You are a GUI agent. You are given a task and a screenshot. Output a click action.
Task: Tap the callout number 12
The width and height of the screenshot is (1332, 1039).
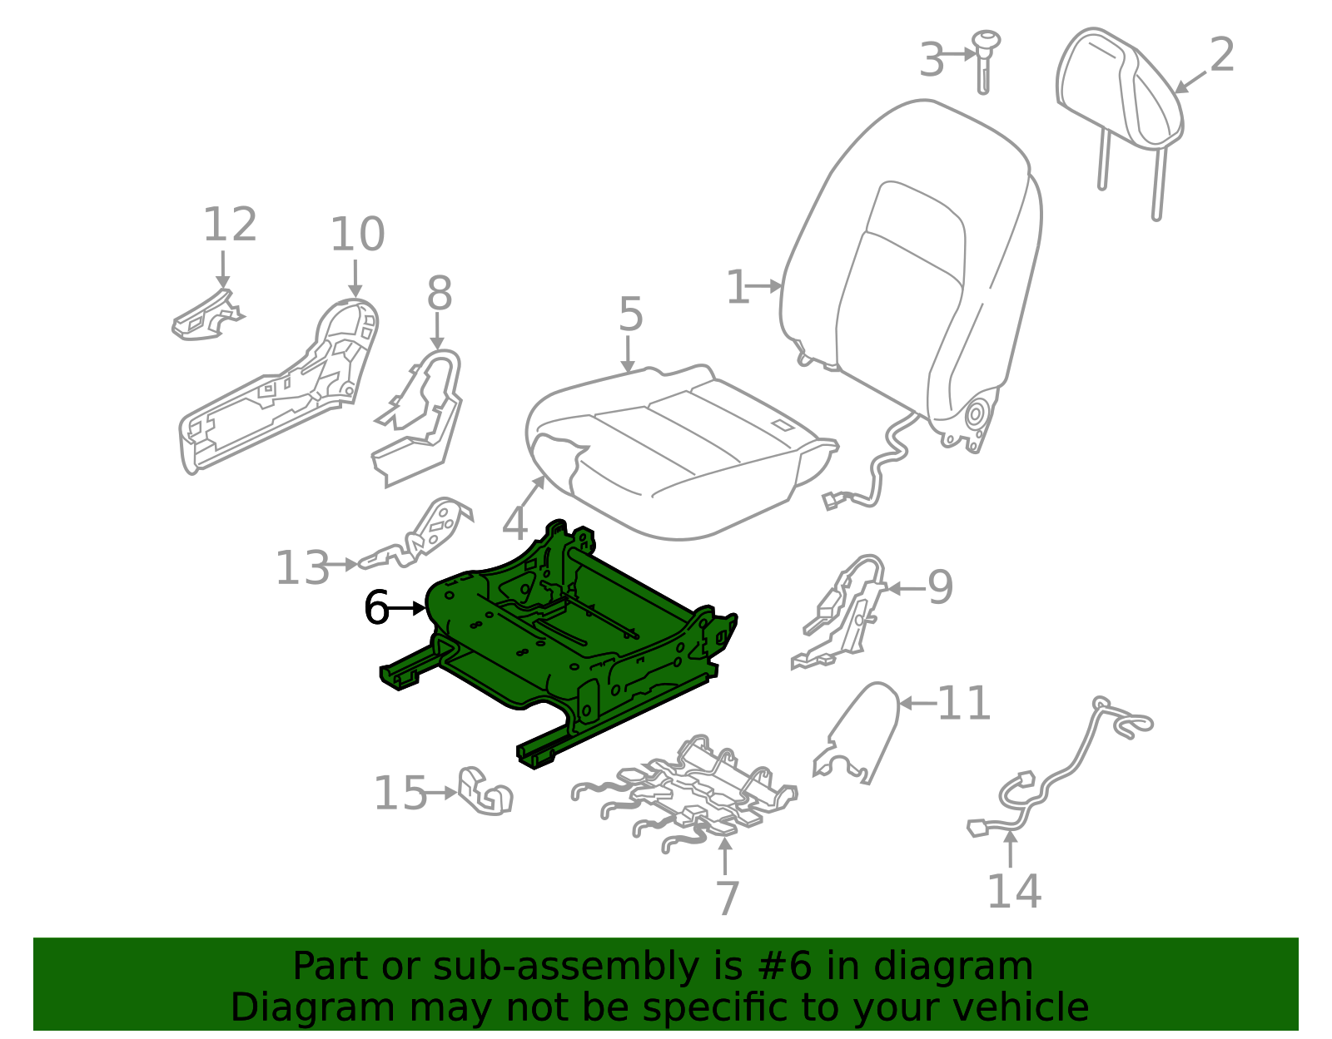230,225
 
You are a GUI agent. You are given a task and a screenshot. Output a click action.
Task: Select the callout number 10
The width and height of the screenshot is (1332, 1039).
357,235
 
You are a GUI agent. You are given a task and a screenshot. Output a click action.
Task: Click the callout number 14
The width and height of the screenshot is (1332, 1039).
1013,892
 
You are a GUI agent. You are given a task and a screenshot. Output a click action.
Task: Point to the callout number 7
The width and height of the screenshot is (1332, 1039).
727,898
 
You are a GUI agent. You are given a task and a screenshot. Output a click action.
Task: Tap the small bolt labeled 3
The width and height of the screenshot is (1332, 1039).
986,58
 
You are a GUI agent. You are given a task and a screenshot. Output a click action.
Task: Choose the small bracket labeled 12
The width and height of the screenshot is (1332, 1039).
204,319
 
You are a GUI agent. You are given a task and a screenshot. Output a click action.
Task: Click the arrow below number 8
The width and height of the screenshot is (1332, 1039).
437,333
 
